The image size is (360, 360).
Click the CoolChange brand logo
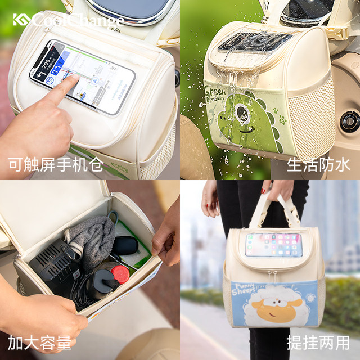click(x=67, y=20)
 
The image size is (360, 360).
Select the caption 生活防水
click(x=318, y=165)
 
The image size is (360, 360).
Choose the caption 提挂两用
click(x=318, y=343)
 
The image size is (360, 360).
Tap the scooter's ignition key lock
click(x=349, y=120)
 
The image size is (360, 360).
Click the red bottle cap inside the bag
click(x=119, y=274)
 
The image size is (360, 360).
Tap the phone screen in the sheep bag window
click(x=273, y=245)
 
